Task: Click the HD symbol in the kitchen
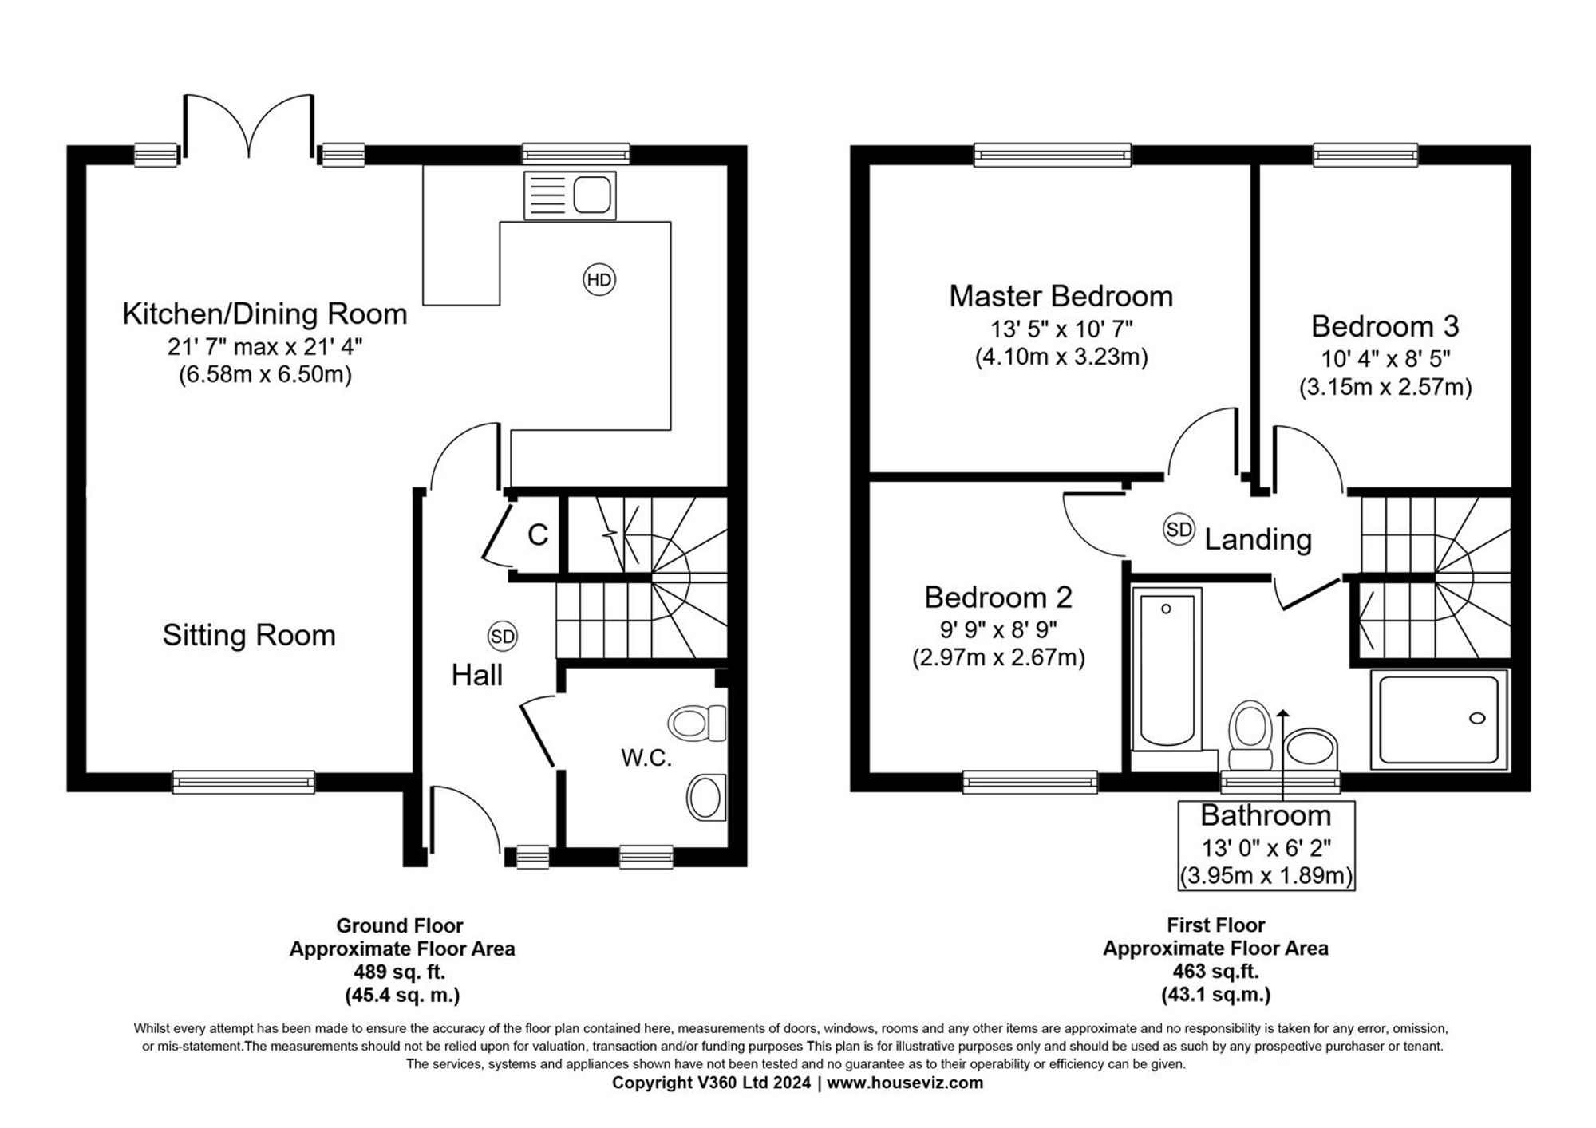(x=599, y=280)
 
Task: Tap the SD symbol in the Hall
(x=503, y=637)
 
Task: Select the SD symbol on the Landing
(x=1179, y=530)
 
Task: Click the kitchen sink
(x=571, y=195)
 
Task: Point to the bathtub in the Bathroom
(x=1166, y=670)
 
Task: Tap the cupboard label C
(x=538, y=534)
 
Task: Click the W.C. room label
(x=646, y=758)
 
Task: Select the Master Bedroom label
(x=1061, y=296)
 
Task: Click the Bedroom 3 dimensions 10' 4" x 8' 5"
(x=1385, y=358)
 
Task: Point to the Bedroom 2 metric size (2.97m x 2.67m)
(x=998, y=658)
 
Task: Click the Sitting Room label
(x=249, y=635)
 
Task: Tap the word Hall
(x=477, y=676)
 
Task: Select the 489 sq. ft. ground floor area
(x=400, y=972)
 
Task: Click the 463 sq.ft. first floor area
(x=1216, y=972)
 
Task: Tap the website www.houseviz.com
(x=905, y=1083)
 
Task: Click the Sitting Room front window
(x=243, y=782)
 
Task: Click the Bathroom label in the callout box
(x=1266, y=815)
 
